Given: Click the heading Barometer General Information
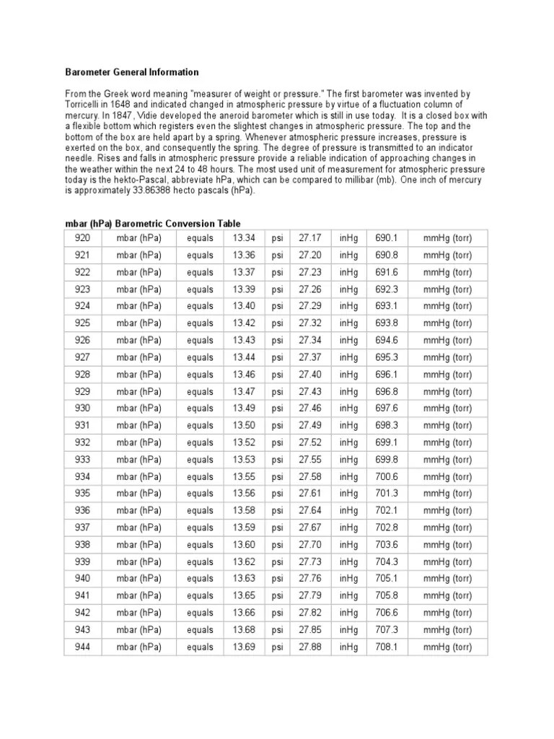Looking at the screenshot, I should coord(132,73).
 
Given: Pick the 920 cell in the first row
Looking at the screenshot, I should coord(82,238).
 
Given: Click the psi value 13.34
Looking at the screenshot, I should coord(244,238).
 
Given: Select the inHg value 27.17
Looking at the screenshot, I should coord(310,238).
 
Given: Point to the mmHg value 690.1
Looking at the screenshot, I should coord(387,238).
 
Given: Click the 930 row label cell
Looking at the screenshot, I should coord(82,408).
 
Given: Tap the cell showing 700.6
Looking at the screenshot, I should coord(387,476).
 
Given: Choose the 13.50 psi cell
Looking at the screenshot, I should coord(244,426).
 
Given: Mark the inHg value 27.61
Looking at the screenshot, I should coord(310,494).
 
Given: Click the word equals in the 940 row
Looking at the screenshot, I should coord(200,579).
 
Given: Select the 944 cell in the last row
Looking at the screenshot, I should coord(82,647).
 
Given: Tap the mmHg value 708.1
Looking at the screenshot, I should coord(387,647).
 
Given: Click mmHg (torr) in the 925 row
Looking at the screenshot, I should coord(447,323).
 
